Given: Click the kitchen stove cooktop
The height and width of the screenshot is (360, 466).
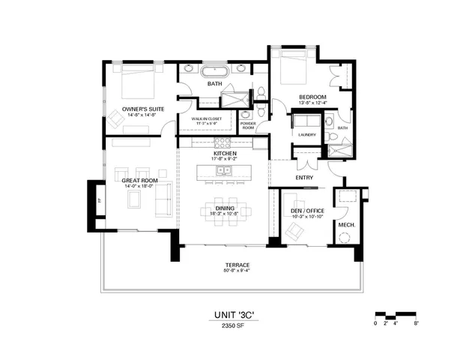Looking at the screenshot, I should pos(223,142).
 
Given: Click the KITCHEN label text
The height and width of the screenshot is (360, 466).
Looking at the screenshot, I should pos(225,152).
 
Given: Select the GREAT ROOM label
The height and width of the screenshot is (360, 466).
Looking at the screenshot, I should pos(139,181).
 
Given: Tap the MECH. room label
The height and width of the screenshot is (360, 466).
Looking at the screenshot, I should pos(346,225).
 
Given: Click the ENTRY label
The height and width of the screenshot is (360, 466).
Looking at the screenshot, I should pos(303,178).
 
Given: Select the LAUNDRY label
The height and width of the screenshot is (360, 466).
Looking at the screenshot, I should pos(306,135).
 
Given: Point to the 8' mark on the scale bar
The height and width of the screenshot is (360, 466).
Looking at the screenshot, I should pos(416,322).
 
